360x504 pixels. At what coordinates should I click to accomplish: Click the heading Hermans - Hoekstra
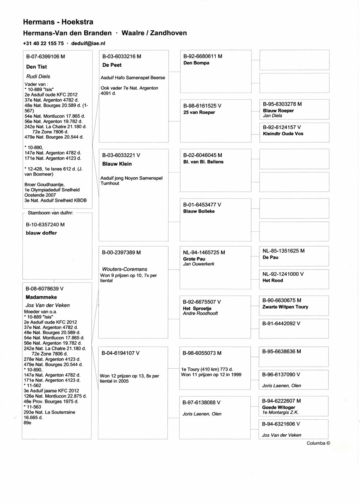(x=58, y=22)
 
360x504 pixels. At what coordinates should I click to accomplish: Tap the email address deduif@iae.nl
(x=87, y=43)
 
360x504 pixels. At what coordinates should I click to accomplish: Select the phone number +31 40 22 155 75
(x=43, y=43)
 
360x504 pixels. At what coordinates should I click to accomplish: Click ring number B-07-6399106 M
(x=46, y=57)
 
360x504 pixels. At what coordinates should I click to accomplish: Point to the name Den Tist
(x=37, y=67)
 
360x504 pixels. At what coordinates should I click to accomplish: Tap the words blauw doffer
(x=42, y=233)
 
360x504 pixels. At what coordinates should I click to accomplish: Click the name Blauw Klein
(x=117, y=164)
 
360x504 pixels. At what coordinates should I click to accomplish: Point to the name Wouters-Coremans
(x=124, y=269)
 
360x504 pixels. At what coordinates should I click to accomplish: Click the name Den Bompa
(x=196, y=63)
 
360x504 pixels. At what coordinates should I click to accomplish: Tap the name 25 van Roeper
(x=199, y=112)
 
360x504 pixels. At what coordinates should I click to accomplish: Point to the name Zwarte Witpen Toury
(x=285, y=307)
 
